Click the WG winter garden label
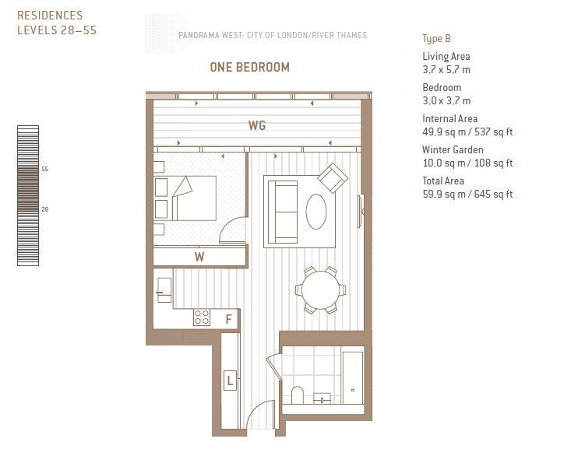(x=257, y=125)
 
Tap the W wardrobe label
(x=199, y=257)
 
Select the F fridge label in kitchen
(x=228, y=319)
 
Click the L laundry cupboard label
(x=230, y=381)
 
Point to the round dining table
(x=320, y=289)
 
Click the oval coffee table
(x=316, y=212)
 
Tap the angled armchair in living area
(x=333, y=178)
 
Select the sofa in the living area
(x=283, y=212)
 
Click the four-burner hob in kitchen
(x=202, y=317)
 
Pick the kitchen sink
(x=164, y=289)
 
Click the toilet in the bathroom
(x=298, y=395)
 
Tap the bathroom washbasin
(x=323, y=398)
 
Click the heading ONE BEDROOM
(x=250, y=67)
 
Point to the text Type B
(x=436, y=39)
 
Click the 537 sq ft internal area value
(x=493, y=132)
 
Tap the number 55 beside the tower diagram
(x=44, y=169)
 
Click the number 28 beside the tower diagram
(x=44, y=209)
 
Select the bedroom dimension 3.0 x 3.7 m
(x=446, y=100)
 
